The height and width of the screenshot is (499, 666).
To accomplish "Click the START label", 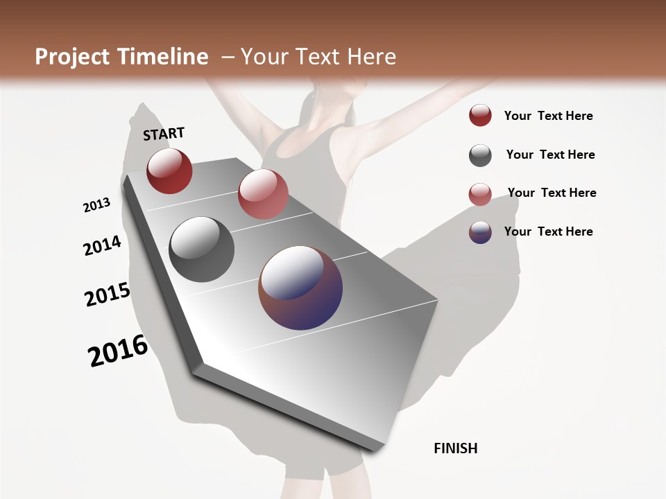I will [x=164, y=134].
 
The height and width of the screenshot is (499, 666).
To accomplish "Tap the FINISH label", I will [x=455, y=448].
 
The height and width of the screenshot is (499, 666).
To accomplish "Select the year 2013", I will [x=96, y=205].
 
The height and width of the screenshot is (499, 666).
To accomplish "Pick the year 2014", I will [x=102, y=245].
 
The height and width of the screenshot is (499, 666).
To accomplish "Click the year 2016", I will [x=118, y=351].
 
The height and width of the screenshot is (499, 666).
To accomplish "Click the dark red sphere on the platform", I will [x=169, y=170].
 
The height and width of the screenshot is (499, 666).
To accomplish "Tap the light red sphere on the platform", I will [x=263, y=194].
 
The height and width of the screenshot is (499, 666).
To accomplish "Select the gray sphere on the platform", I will [x=202, y=249].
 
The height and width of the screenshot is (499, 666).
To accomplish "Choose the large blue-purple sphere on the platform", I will [x=300, y=288].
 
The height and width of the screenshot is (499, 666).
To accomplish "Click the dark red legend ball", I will [x=480, y=116].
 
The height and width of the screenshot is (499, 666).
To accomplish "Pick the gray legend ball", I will [x=480, y=155].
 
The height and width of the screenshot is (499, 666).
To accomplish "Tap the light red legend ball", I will [x=480, y=194].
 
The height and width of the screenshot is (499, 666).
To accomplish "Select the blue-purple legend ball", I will [x=480, y=232].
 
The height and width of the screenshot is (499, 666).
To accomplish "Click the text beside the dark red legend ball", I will [x=548, y=116].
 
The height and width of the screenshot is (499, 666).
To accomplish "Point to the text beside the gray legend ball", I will [x=550, y=155].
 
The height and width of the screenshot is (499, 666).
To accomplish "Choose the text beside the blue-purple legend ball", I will [x=548, y=231].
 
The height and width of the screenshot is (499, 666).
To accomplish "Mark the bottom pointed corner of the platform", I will [x=375, y=451].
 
